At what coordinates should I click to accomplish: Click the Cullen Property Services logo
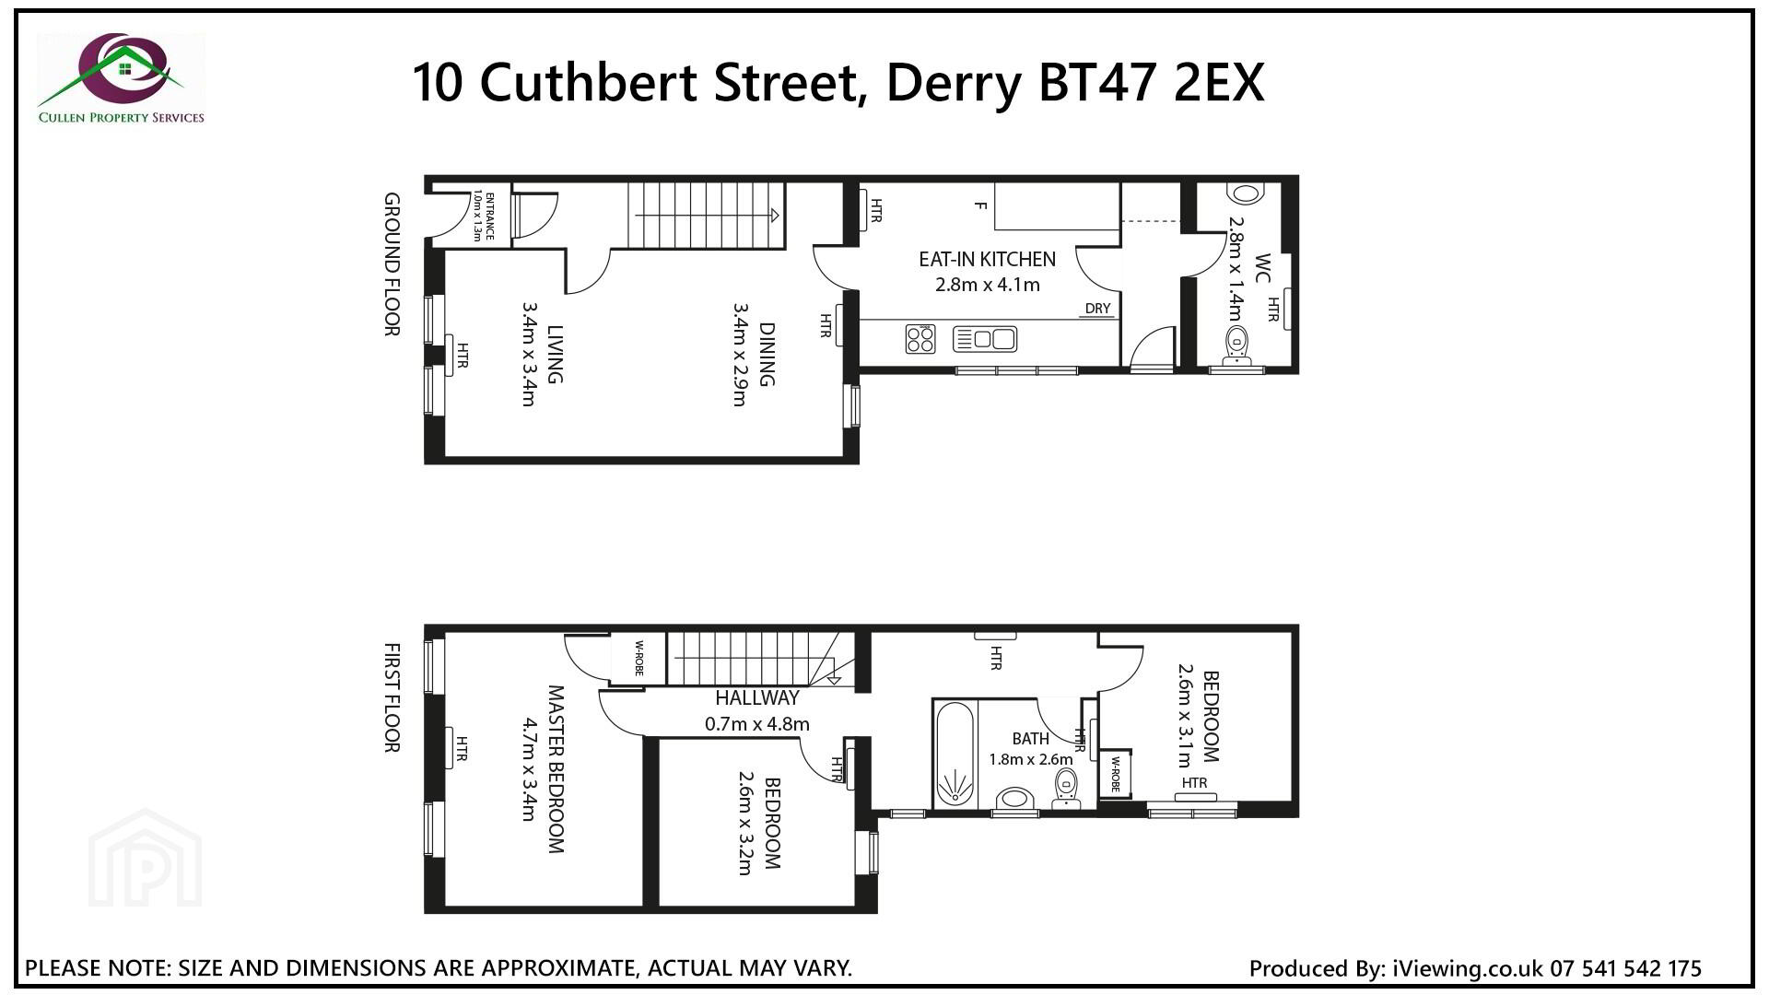(x=121, y=79)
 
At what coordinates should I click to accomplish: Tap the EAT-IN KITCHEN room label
(x=987, y=259)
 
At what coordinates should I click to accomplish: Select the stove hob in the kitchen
(x=920, y=339)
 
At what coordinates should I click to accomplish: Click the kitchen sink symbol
(x=984, y=339)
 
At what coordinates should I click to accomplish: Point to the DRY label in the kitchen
(x=1097, y=309)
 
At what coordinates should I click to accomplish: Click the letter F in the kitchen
(x=980, y=205)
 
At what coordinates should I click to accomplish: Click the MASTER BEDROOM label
(x=556, y=768)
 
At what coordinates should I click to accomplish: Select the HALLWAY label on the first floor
(x=757, y=698)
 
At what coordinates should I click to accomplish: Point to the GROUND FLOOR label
(x=392, y=264)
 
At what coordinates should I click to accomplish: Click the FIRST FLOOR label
(x=392, y=698)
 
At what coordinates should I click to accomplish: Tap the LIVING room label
(x=555, y=354)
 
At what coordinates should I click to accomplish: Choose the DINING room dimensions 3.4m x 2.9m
(x=739, y=354)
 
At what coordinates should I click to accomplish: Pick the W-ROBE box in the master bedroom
(x=638, y=658)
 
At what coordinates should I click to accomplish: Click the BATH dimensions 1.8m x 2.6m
(x=1030, y=760)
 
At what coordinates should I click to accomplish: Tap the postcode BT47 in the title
(x=1089, y=83)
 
